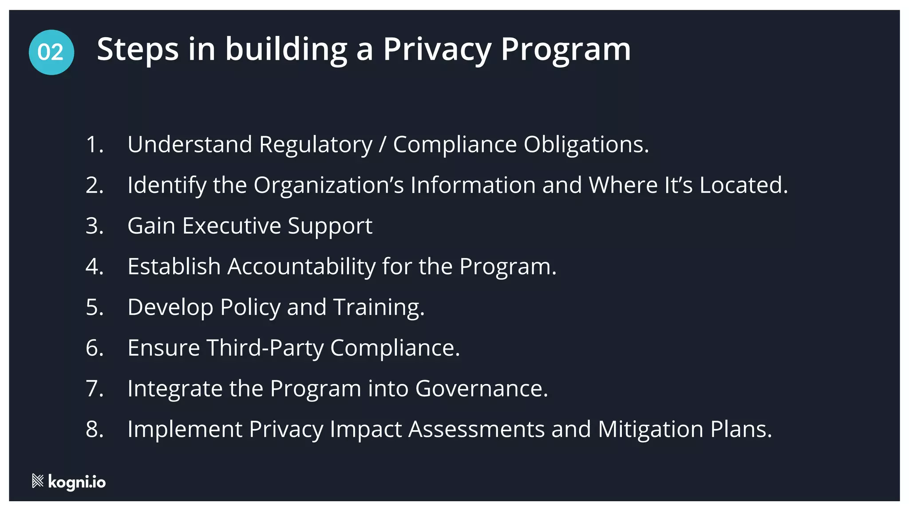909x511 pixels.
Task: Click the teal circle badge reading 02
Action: click(51, 52)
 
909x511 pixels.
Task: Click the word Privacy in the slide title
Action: click(437, 50)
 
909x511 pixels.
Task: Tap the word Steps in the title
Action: click(138, 50)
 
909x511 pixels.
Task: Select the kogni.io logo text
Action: click(77, 482)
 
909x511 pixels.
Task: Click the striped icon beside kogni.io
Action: click(38, 481)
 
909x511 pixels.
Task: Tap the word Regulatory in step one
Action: click(316, 145)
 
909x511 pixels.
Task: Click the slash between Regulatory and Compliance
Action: click(383, 145)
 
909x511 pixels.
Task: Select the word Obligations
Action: click(586, 145)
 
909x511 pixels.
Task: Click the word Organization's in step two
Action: click(328, 185)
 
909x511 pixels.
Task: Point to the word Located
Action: click(743, 185)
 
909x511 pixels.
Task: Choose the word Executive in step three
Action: click(231, 226)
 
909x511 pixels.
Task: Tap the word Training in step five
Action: click(379, 307)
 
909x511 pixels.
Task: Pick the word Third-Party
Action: click(265, 348)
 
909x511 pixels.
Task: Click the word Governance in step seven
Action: click(482, 389)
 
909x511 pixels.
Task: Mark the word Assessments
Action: click(476, 429)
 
